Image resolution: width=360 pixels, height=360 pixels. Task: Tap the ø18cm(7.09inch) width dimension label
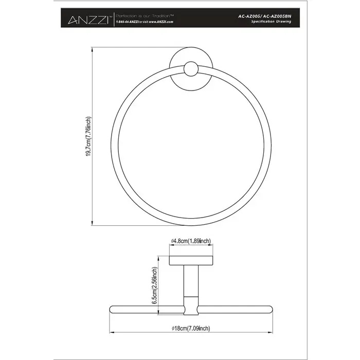190,328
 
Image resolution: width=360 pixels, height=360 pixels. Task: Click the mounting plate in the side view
190,260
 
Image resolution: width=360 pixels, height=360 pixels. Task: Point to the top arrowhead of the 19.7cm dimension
92,51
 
